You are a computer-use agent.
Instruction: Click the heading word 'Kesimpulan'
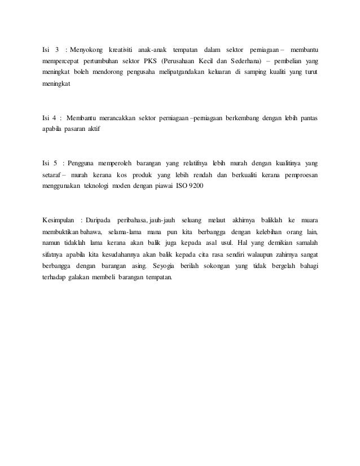coord(59,219)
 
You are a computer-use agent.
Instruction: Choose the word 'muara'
coord(308,219)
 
